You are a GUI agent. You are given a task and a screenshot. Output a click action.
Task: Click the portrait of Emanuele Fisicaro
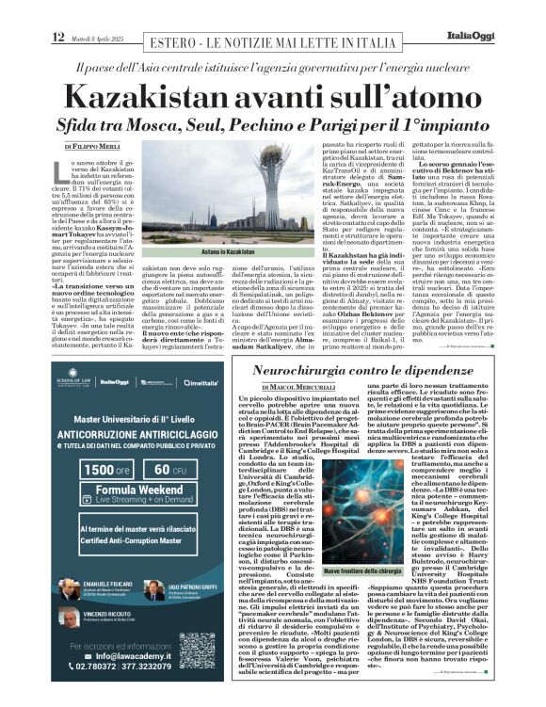click(70, 587)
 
